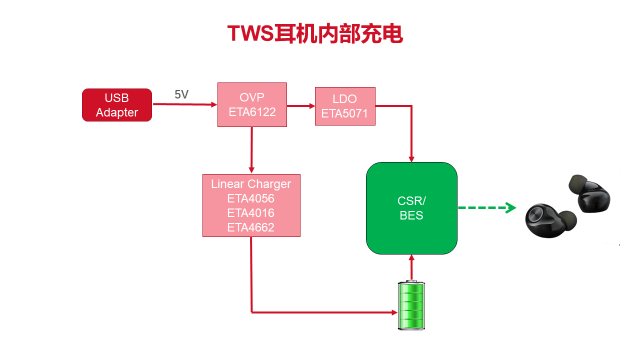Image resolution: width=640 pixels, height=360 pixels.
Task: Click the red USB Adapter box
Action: (x=117, y=105)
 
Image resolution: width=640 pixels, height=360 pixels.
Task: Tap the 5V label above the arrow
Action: (x=181, y=94)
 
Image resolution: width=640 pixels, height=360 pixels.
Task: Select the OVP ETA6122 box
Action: (x=252, y=104)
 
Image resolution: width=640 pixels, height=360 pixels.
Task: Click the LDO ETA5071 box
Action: (x=345, y=106)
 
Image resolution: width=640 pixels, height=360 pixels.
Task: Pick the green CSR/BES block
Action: (x=411, y=208)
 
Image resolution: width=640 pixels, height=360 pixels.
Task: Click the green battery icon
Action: (x=411, y=305)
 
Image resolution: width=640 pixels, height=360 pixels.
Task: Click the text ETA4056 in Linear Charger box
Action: (x=250, y=198)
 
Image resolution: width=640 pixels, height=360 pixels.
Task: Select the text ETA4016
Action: (x=250, y=213)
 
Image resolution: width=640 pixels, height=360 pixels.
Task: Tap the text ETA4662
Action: (x=250, y=227)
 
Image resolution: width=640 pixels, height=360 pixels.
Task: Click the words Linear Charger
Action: (x=250, y=184)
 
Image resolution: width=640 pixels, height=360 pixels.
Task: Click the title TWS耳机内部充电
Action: (x=315, y=34)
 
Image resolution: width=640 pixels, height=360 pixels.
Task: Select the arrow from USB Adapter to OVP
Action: (x=184, y=104)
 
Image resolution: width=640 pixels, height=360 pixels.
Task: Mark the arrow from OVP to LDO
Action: (x=301, y=105)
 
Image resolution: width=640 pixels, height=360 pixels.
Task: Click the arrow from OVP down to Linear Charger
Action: (x=251, y=150)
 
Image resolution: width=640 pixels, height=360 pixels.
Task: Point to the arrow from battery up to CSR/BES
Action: (x=411, y=267)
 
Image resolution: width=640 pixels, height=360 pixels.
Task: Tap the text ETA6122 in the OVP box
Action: (x=252, y=112)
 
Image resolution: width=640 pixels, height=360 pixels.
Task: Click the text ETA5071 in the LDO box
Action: (x=344, y=113)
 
